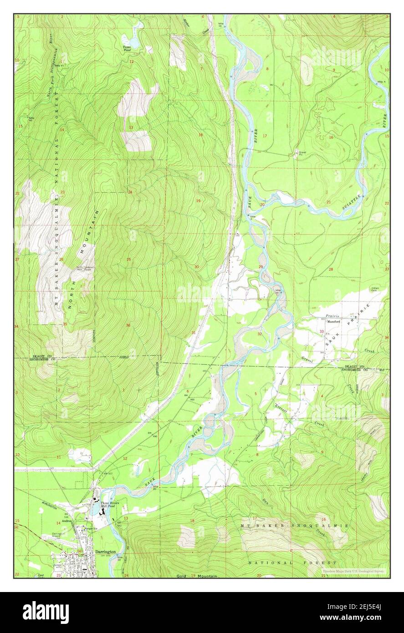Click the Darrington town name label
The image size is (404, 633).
pyautogui.click(x=106, y=551)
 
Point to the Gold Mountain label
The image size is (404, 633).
pyautogui.click(x=197, y=576)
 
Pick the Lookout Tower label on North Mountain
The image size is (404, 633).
pyautogui.click(x=85, y=268)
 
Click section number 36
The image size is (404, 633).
pyautogui.click(x=128, y=325)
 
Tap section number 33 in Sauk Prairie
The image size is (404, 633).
pyautogui.click(x=322, y=331)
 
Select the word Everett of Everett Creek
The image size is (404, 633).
pyautogui.click(x=281, y=408)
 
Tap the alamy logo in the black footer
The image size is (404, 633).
pyautogui.click(x=46, y=612)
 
